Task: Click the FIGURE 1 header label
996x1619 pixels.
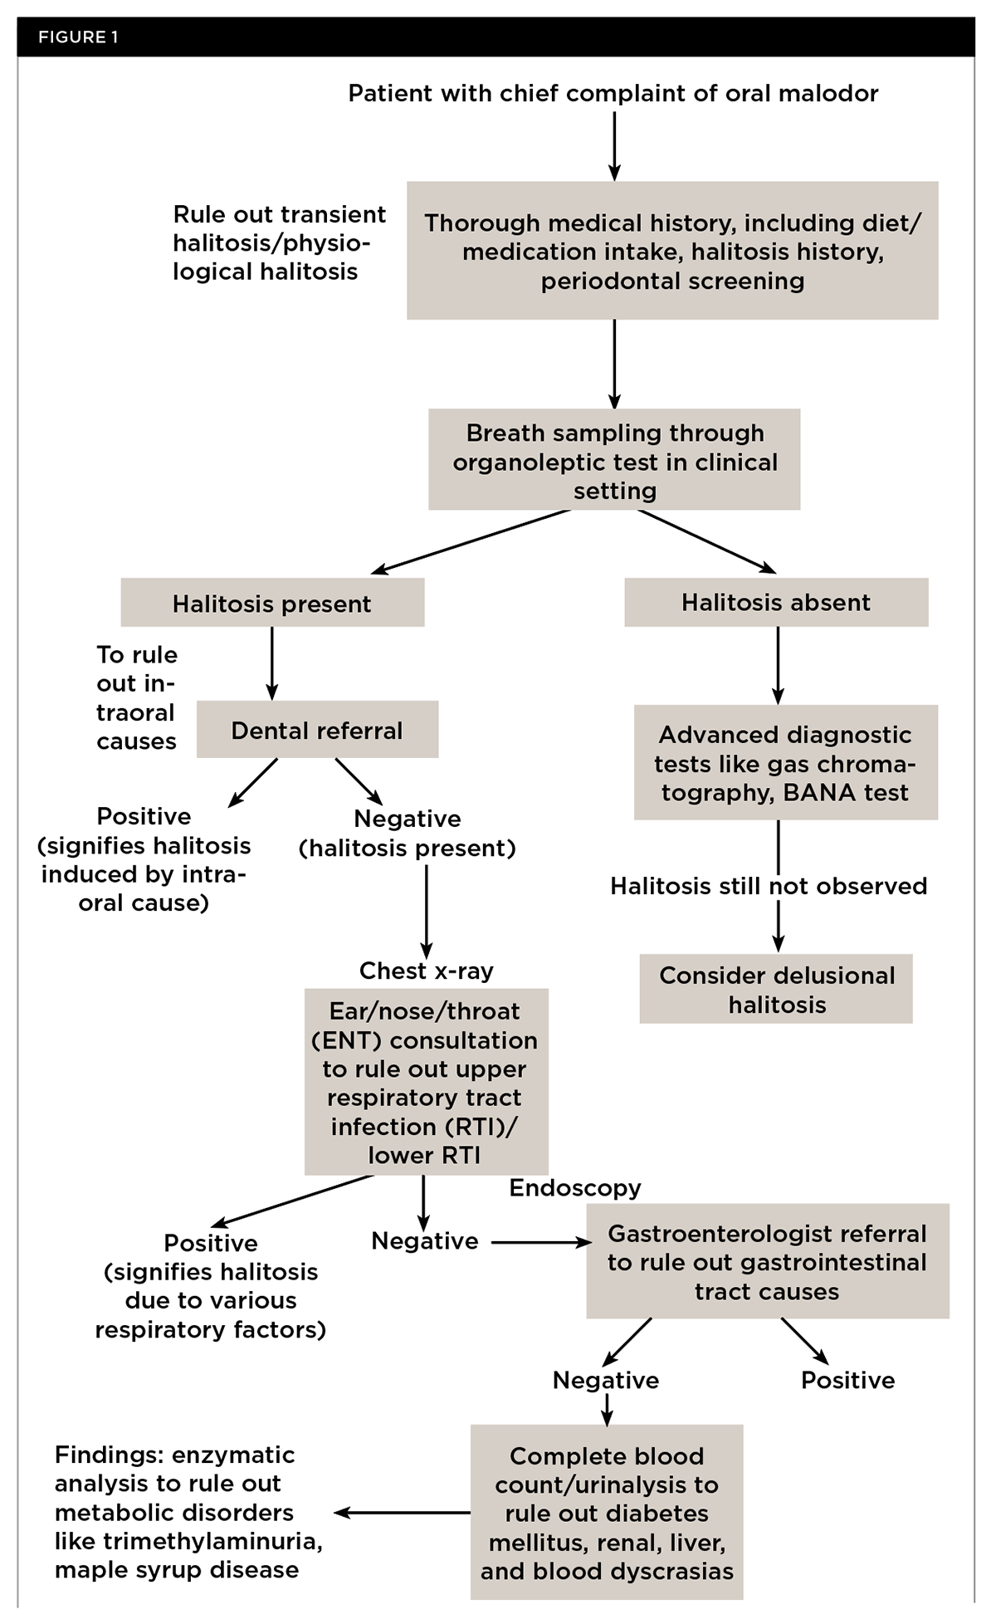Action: pos(73,37)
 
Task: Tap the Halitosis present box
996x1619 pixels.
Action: pos(272,604)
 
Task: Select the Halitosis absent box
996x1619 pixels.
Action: pos(776,603)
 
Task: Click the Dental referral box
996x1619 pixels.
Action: pos(317,731)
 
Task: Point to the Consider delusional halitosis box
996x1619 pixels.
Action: pos(776,990)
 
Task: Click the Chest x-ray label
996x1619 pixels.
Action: pos(426,971)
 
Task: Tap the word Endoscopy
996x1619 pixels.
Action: pos(574,1187)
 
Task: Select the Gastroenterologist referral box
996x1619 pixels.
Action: pos(767,1262)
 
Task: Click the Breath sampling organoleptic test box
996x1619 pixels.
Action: pos(614,461)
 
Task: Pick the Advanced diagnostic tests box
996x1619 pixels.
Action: pos(785,763)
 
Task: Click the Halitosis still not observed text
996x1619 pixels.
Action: pos(769,886)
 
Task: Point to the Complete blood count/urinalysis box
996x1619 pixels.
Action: pos(607,1513)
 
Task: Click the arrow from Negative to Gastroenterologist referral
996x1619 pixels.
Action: pos(539,1243)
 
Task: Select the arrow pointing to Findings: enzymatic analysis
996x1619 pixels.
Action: pos(402,1513)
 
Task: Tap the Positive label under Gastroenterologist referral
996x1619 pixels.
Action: pos(847,1380)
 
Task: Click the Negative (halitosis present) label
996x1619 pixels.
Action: pos(408,833)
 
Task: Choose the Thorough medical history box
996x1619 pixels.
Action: pos(672,252)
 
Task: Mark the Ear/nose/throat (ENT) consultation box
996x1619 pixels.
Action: pos(426,1083)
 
